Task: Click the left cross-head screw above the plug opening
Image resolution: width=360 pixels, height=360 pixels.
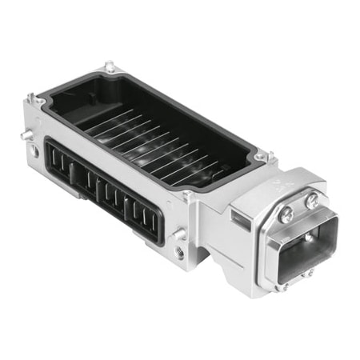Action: [x=285, y=213]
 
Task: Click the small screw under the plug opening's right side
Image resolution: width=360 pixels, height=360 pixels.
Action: [x=309, y=273]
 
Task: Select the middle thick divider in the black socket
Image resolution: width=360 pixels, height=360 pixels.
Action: [x=95, y=188]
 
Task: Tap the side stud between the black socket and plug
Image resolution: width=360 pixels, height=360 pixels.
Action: [x=179, y=233]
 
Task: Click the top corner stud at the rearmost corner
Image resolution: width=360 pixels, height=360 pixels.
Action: [x=110, y=68]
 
